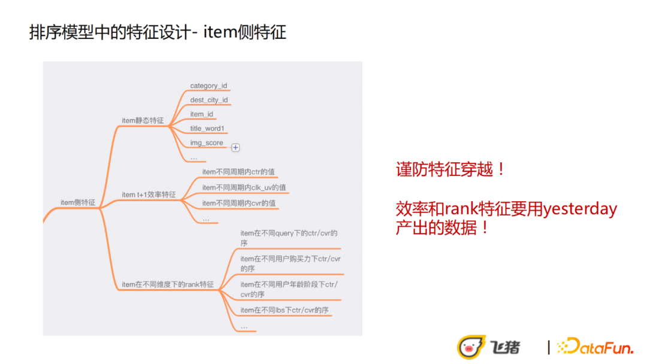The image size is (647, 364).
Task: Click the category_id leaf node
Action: coord(208,86)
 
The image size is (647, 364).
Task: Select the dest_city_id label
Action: coord(209,100)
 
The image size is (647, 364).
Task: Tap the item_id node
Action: coord(201,114)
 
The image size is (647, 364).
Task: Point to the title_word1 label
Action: coord(207,129)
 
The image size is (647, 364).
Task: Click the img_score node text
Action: coord(206,142)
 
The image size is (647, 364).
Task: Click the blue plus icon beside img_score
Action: coord(235,148)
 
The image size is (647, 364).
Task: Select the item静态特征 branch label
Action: coord(143,120)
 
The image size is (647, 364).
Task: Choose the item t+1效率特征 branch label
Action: coord(149,195)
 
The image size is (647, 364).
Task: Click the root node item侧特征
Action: coord(78,202)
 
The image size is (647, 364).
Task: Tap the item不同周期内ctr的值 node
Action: coord(238,172)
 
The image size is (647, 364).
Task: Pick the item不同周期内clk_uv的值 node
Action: coord(244,187)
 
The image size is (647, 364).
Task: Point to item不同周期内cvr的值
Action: coord(239,203)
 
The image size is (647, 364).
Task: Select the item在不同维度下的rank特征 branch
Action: coord(168,284)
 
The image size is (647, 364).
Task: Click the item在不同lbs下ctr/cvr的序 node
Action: coord(285,310)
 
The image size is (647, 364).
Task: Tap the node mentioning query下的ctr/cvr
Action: coord(289,238)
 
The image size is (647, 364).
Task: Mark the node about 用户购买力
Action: coord(291,264)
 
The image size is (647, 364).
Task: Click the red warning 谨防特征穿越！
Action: coord(450,169)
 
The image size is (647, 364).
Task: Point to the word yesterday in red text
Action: coord(580,209)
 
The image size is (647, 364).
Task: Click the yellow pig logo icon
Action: coord(471,347)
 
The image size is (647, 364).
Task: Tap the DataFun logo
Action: coord(595,346)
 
